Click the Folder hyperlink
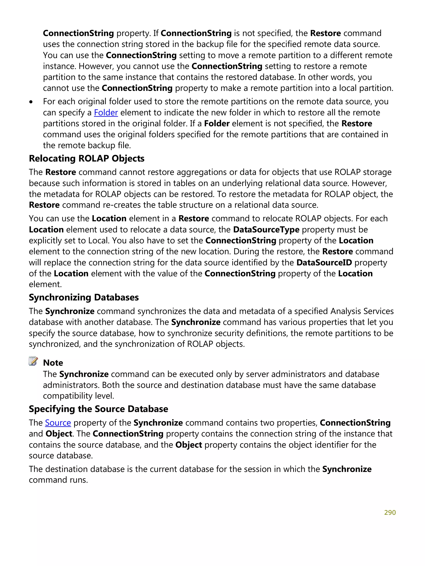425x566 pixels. (x=106, y=113)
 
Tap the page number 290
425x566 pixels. (x=390, y=512)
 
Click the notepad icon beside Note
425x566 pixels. (x=33, y=361)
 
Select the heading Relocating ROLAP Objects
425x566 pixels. (x=87, y=158)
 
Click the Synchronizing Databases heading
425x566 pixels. (x=84, y=297)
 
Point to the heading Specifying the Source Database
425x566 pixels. (x=98, y=409)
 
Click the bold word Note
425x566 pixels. (x=53, y=363)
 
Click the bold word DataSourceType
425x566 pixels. (x=266, y=229)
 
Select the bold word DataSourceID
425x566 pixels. (x=324, y=262)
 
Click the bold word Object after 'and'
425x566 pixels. (x=59, y=434)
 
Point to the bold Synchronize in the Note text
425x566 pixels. (x=84, y=374)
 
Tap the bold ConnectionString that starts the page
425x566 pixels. (x=78, y=33)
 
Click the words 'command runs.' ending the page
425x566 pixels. (x=58, y=480)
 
